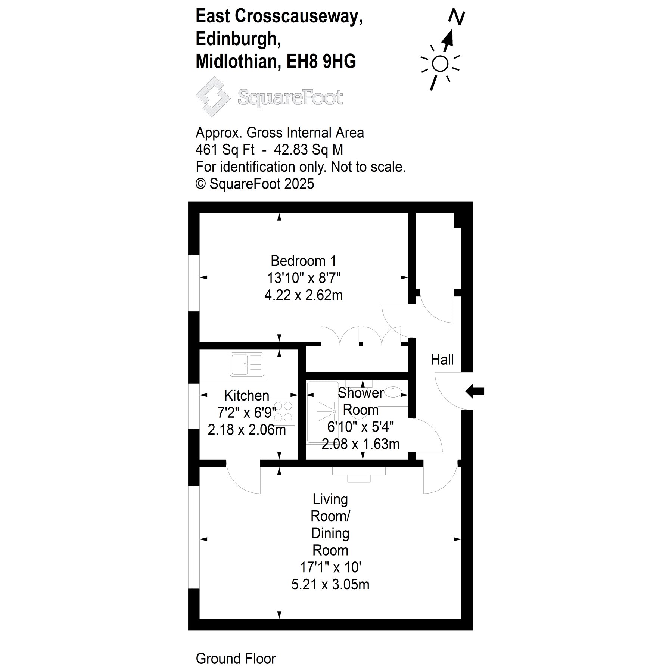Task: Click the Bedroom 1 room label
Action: pos(303,261)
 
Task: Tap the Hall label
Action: pos(442,360)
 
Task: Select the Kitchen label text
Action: pos(246,395)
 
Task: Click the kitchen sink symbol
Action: pos(247,364)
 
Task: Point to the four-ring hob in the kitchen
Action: pos(283,412)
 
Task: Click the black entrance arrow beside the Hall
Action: pos(475,391)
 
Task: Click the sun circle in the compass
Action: pos(440,64)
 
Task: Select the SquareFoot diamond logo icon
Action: pos(213,97)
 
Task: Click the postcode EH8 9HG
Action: pos(321,62)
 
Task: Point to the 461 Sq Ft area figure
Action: pos(225,150)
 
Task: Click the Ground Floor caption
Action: pos(236,659)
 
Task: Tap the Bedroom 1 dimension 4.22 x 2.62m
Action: pos(304,295)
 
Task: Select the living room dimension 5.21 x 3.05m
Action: pos(330,584)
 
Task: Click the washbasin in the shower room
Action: pos(393,393)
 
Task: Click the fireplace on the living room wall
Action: pos(359,474)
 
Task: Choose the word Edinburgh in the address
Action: pos(239,39)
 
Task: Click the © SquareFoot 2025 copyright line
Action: pos(255,184)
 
